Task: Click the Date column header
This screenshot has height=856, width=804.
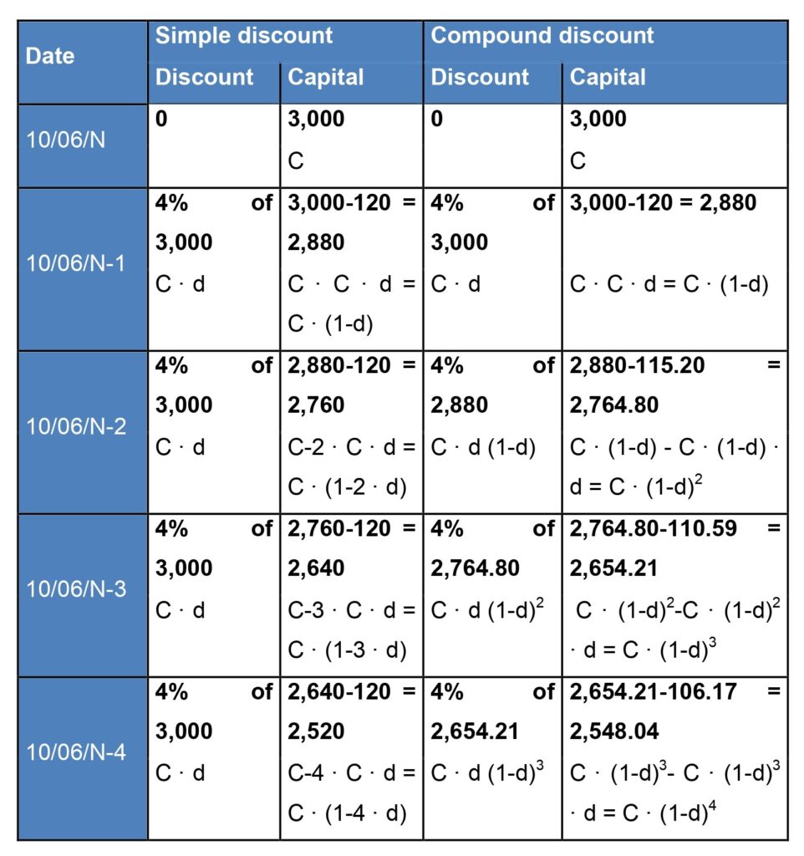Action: (x=50, y=56)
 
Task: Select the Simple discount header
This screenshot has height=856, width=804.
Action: (x=244, y=36)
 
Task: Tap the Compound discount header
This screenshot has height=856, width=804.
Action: (x=542, y=36)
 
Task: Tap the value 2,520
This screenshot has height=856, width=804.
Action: (x=316, y=731)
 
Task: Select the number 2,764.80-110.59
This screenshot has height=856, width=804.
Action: (x=653, y=528)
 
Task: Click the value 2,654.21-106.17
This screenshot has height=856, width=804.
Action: (x=653, y=691)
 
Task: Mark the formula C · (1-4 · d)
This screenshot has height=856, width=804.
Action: (x=348, y=812)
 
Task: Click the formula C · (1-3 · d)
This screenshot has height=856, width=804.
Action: (x=348, y=649)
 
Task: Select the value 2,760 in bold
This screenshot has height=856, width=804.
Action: (x=316, y=405)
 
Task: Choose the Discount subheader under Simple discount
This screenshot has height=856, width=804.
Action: (x=205, y=77)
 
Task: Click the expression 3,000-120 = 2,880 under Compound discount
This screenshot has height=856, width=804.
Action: (x=664, y=203)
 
